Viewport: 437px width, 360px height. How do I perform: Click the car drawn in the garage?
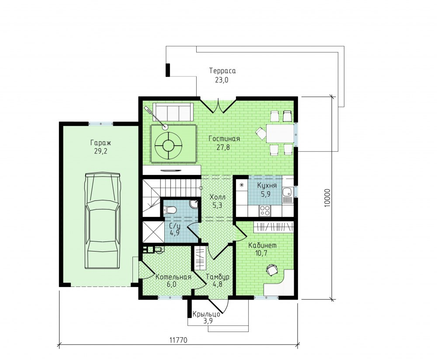[103, 220]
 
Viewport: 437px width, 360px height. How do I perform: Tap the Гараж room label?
[101, 143]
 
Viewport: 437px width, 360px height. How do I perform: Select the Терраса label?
[222, 71]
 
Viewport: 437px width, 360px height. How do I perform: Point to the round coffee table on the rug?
[168, 145]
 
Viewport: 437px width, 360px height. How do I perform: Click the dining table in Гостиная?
[280, 133]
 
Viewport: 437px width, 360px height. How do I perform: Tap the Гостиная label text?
[224, 139]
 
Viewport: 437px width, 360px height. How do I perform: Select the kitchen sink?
[287, 192]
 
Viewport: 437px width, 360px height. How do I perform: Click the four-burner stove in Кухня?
[264, 210]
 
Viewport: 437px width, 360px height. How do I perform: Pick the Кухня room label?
[267, 185]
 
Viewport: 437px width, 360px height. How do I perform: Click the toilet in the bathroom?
[170, 209]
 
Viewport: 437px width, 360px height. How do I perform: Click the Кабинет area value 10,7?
[261, 253]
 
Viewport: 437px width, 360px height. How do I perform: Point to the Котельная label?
[173, 277]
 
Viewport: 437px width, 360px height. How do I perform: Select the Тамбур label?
[217, 277]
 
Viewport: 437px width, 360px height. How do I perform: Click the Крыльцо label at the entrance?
[206, 314]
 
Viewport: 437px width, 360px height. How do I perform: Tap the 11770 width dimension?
[178, 340]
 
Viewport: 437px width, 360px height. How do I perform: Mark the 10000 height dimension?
[327, 198]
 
